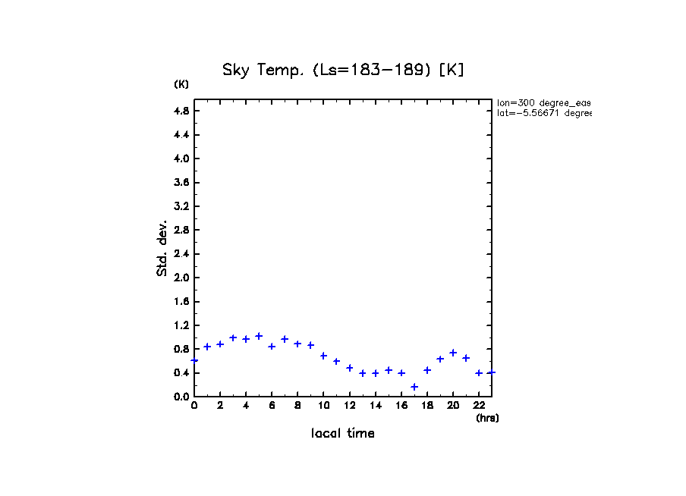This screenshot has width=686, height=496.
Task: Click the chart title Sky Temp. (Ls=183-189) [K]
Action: pyautogui.click(x=343, y=71)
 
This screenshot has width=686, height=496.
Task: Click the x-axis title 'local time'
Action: pyautogui.click(x=342, y=434)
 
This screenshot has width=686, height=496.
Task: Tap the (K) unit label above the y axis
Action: pyautogui.click(x=181, y=84)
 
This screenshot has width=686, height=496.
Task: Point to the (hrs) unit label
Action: pyautogui.click(x=487, y=418)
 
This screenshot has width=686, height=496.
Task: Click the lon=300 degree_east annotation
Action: pyautogui.click(x=543, y=102)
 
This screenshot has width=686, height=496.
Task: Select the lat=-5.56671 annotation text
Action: pyautogui.click(x=543, y=113)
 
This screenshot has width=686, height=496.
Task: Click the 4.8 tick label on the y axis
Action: pyautogui.click(x=181, y=111)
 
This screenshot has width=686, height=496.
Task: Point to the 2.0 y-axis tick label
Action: pyautogui.click(x=181, y=278)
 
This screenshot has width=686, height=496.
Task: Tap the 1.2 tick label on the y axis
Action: pyautogui.click(x=181, y=325)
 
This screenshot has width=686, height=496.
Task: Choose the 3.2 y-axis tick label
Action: pyautogui.click(x=181, y=206)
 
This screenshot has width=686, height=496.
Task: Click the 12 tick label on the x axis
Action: pyautogui.click(x=349, y=406)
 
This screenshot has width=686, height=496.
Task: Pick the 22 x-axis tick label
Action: pyautogui.click(x=479, y=406)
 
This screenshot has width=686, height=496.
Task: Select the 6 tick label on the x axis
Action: pyautogui.click(x=272, y=406)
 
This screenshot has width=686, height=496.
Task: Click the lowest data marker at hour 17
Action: pyautogui.click(x=414, y=387)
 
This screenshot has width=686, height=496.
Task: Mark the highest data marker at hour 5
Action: pyautogui.click(x=259, y=336)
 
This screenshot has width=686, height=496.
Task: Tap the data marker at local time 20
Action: pyautogui.click(x=453, y=353)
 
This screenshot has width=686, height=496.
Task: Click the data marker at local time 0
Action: pyautogui.click(x=194, y=360)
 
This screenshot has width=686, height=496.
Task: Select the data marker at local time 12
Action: pyautogui.click(x=350, y=368)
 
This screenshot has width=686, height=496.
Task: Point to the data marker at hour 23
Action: pyautogui.click(x=492, y=372)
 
